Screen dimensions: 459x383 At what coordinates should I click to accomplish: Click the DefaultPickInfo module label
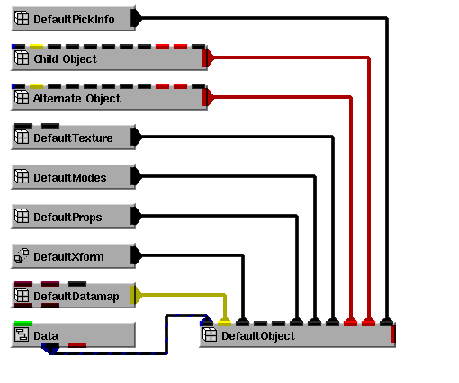click(74, 20)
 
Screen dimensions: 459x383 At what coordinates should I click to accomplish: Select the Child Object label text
click(65, 59)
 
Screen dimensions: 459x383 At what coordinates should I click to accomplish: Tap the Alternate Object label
click(76, 99)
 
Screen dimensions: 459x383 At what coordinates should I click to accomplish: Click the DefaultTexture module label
click(73, 138)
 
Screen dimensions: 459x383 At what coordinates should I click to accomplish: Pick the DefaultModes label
click(70, 178)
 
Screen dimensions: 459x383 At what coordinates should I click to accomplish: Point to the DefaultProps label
click(67, 218)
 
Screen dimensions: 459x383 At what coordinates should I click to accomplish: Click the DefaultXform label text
click(68, 257)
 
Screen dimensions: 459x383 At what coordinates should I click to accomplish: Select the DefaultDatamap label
click(76, 297)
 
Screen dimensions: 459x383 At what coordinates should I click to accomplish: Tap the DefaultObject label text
click(258, 336)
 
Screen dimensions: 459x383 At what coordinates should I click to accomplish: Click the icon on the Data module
click(22, 334)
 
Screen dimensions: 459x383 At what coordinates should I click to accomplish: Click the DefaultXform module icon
click(22, 255)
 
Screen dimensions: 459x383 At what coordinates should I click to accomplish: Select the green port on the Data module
click(23, 324)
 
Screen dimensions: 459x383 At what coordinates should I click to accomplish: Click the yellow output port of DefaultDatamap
click(136, 295)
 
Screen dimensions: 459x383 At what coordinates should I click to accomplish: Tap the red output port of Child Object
click(208, 58)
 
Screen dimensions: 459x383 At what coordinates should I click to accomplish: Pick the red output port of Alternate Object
click(208, 97)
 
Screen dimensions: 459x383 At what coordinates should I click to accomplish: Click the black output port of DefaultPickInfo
click(137, 18)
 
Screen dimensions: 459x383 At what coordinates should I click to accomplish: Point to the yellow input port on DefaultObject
click(224, 323)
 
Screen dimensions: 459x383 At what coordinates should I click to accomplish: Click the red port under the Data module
click(77, 345)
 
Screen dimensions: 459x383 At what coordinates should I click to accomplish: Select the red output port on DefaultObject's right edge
click(393, 334)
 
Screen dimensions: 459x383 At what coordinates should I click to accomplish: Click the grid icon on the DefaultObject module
click(210, 334)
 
